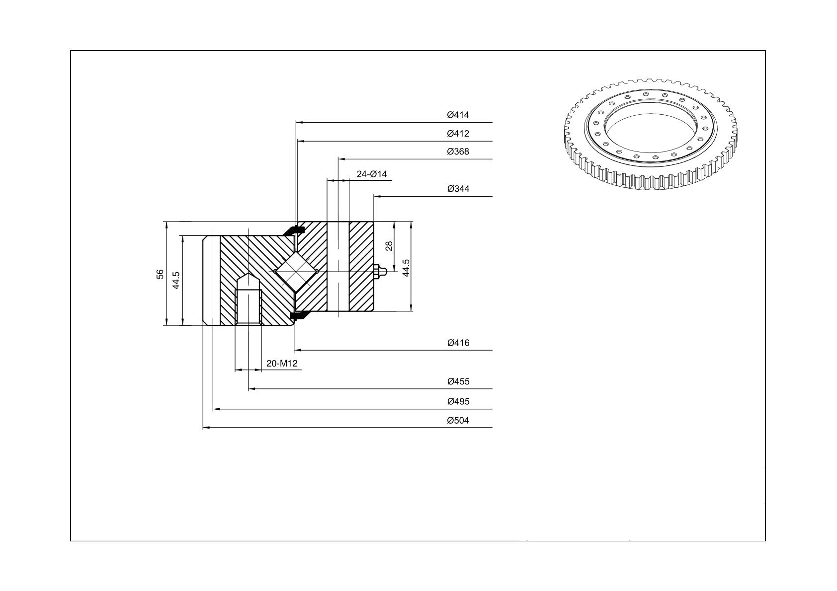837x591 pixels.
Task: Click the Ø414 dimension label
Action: [458, 115]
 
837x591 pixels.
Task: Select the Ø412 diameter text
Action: [458, 134]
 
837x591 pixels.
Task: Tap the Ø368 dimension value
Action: [458, 151]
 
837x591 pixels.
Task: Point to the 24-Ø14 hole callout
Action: [371, 174]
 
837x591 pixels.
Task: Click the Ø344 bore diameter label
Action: [458, 189]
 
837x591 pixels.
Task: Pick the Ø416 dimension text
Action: [458, 343]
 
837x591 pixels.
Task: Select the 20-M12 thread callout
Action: [282, 363]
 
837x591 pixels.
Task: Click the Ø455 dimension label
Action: [458, 381]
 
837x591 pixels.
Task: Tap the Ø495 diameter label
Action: [458, 402]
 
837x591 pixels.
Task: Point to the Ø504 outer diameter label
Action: [458, 420]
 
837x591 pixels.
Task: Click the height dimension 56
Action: [160, 274]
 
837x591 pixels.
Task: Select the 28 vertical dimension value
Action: [389, 246]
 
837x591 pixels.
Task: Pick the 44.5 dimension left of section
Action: [176, 280]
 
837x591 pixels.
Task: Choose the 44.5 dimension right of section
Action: [406, 268]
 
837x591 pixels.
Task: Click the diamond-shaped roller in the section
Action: [296, 272]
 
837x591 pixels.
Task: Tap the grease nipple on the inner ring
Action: [379, 272]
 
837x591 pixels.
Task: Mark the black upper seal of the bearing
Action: [293, 231]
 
